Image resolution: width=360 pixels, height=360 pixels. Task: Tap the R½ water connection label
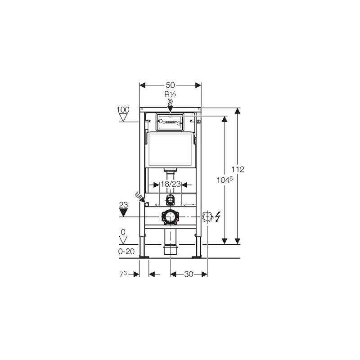170,95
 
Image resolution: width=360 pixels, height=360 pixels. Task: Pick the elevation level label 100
123,110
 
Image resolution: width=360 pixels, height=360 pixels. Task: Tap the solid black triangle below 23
123,212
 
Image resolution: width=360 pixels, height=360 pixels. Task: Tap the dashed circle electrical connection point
207,217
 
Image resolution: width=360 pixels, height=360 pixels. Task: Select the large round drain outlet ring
170,217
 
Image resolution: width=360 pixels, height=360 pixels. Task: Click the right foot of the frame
197,257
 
